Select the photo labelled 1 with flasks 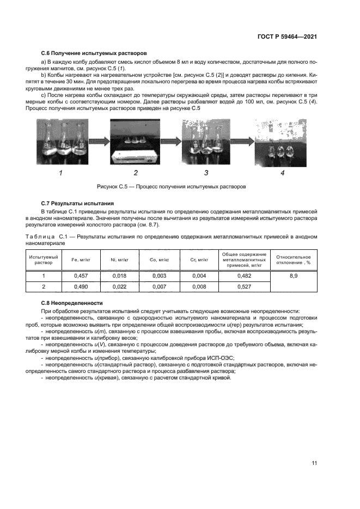[x=61, y=142]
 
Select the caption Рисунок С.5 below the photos [x=172, y=186]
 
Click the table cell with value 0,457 [x=80, y=276]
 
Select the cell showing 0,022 [x=118, y=286]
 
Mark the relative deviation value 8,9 [x=294, y=276]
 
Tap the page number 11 [x=314, y=463]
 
